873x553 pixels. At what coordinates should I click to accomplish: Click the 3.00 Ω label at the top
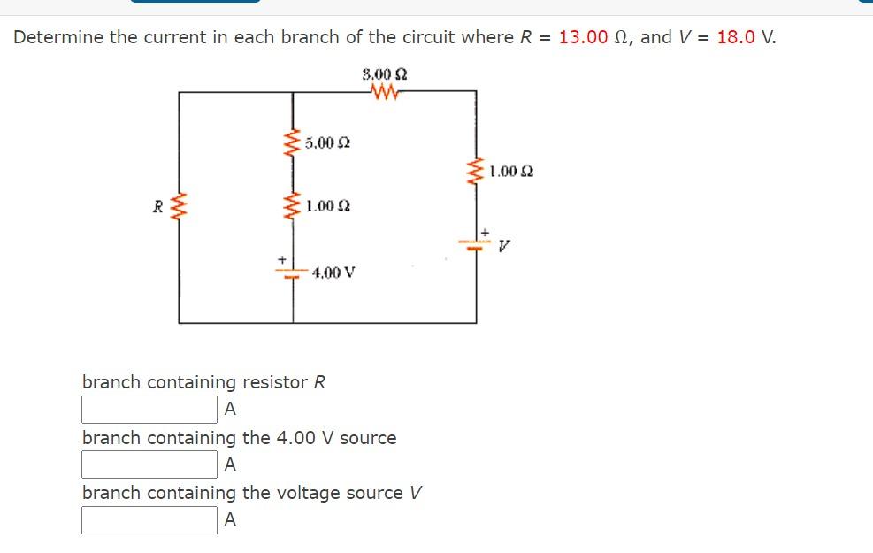click(385, 73)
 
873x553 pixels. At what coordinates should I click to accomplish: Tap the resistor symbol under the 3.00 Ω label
click(385, 91)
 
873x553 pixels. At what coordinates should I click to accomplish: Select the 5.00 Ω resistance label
click(326, 142)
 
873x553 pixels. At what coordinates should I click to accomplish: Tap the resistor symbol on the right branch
click(476, 173)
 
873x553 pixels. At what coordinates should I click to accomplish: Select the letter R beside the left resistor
click(157, 209)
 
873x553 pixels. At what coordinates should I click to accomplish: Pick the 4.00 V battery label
click(333, 273)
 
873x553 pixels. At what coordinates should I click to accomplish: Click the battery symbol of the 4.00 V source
click(292, 272)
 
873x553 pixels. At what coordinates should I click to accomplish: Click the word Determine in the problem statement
click(58, 37)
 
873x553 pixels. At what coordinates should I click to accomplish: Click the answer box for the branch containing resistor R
click(149, 410)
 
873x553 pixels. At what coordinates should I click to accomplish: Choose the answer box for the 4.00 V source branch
click(149, 465)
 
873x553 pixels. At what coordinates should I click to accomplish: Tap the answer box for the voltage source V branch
click(149, 520)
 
